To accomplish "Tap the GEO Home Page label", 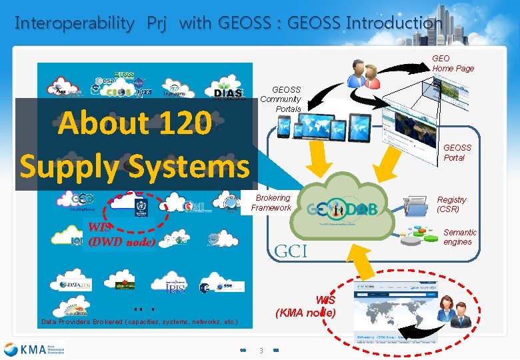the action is (453, 63).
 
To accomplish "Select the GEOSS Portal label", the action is (457, 153).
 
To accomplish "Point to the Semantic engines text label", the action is (460, 237).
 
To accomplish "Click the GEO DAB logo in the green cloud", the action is (343, 209).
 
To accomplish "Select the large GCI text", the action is (291, 251).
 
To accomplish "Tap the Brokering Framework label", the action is (271, 203).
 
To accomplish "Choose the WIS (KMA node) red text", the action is (307, 306).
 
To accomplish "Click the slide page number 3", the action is (262, 351).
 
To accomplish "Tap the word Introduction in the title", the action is (394, 23).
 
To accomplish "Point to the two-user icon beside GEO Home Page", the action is (363, 74).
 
